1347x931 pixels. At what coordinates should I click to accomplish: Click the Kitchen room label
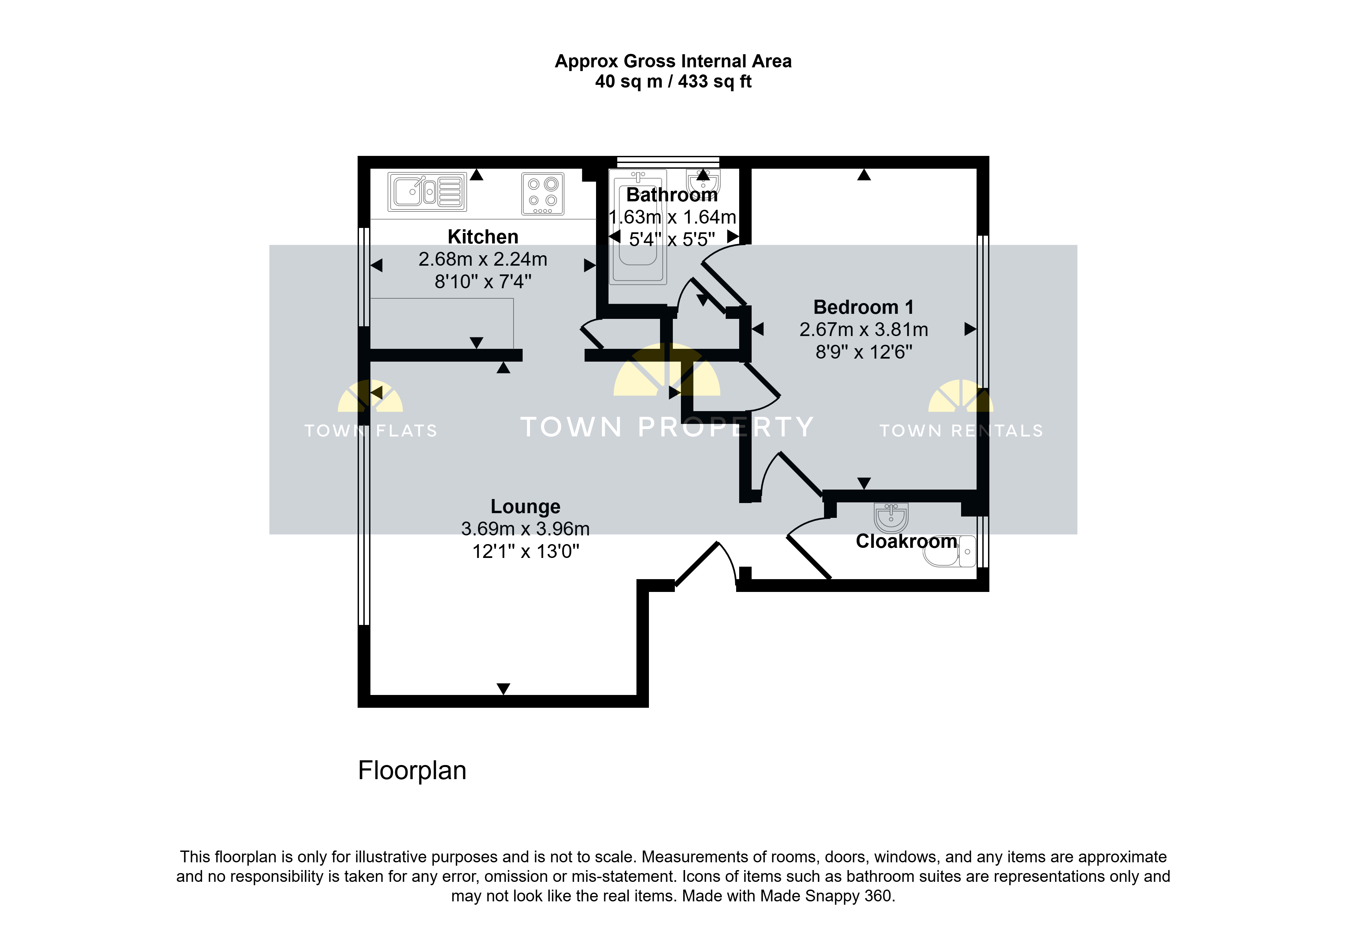[x=483, y=237]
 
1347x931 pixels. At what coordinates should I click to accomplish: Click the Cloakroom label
[x=906, y=541]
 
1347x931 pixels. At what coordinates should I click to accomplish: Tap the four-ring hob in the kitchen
[x=543, y=194]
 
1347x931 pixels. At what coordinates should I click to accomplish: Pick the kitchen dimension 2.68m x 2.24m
[x=483, y=259]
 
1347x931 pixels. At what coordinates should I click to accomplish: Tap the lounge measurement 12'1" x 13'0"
[x=526, y=551]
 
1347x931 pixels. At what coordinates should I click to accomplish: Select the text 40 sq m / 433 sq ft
[x=673, y=82]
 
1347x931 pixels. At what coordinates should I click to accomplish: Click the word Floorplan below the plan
[x=412, y=771]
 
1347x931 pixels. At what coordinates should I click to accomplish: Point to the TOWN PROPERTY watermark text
[x=667, y=427]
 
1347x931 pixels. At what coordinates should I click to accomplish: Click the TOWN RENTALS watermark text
[x=961, y=431]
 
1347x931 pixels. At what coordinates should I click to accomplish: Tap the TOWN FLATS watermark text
[x=370, y=431]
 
